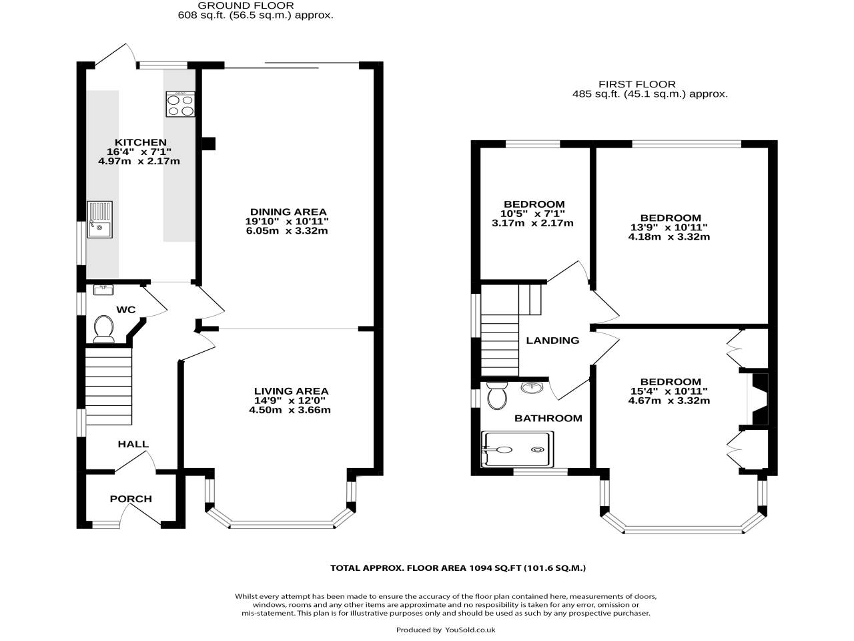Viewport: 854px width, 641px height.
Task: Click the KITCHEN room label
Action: [x=140, y=142]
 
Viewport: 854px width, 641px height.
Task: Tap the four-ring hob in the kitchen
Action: [x=180, y=104]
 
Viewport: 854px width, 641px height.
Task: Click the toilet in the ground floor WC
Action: [x=103, y=328]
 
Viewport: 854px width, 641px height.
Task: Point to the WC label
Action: [x=125, y=309]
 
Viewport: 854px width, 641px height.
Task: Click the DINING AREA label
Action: [x=288, y=212]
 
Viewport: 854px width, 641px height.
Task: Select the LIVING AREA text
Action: [x=291, y=391]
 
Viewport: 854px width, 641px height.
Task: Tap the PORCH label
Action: [x=131, y=499]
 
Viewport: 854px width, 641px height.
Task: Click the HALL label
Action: [x=133, y=444]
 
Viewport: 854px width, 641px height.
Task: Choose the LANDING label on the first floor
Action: [x=552, y=341]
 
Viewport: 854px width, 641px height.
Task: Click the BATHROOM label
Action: [x=548, y=418]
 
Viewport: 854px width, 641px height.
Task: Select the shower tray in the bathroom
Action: [x=517, y=449]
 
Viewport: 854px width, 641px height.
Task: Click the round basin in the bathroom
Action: [x=532, y=387]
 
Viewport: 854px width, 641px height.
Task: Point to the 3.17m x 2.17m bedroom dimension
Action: [x=532, y=223]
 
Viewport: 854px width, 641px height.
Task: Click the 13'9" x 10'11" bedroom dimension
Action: [x=669, y=227]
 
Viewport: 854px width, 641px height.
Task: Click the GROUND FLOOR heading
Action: [x=255, y=5]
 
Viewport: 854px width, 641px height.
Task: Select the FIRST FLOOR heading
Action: [x=636, y=84]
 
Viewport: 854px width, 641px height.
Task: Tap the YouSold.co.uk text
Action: [x=470, y=630]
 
